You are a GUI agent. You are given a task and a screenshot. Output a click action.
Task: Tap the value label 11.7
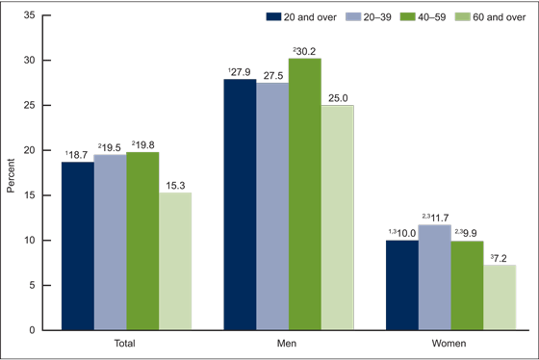[x=438, y=218]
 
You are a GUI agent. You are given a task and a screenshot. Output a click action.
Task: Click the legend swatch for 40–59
[x=394, y=17]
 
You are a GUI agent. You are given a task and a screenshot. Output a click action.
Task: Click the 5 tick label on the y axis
[x=35, y=285]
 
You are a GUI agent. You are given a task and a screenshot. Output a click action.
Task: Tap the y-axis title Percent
[x=11, y=172]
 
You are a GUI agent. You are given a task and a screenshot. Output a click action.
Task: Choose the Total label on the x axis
[x=127, y=343]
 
